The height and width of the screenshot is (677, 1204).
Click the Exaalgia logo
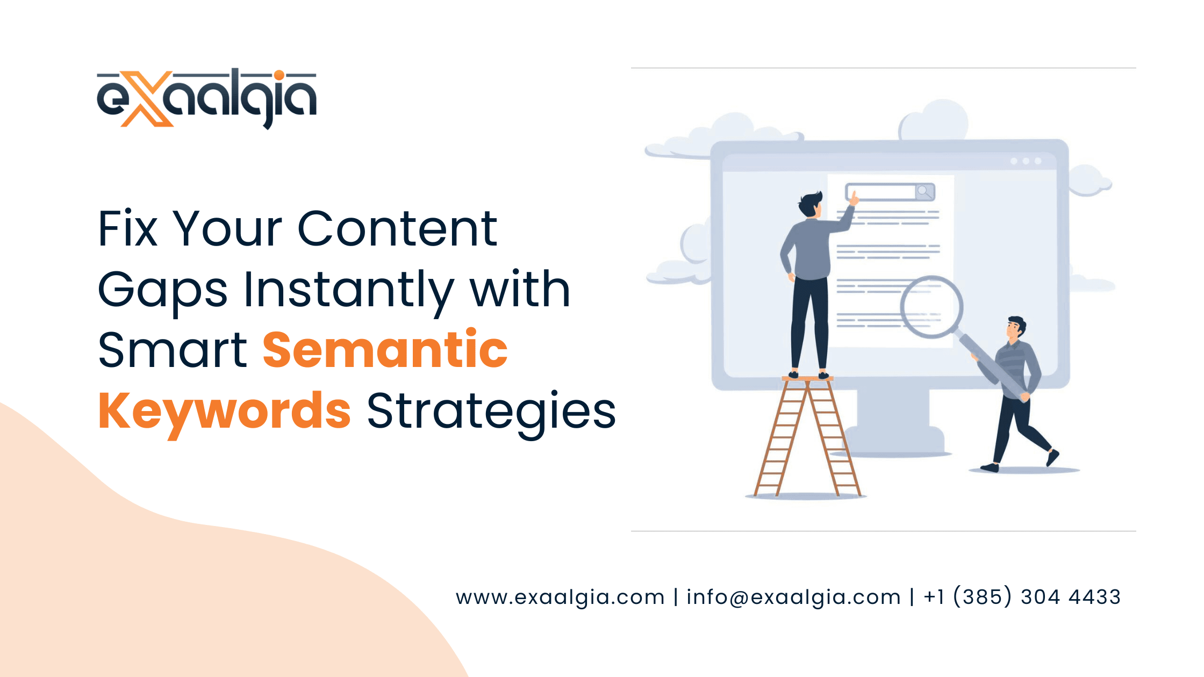pyautogui.click(x=206, y=98)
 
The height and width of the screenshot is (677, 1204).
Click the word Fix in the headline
pyautogui.click(x=128, y=229)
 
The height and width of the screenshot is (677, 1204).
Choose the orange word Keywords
pyautogui.click(x=225, y=412)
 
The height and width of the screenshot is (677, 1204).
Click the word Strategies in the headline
pyautogui.click(x=491, y=412)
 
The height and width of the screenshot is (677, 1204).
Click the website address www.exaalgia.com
pyautogui.click(x=560, y=597)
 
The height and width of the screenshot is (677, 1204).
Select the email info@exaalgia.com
pyautogui.click(x=793, y=597)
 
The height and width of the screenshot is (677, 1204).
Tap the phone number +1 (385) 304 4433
pyautogui.click(x=1022, y=597)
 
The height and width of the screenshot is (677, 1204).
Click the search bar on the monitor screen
pyautogui.click(x=890, y=192)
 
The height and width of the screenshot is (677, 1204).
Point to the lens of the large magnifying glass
pyautogui.click(x=931, y=307)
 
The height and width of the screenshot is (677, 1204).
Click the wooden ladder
pyautogui.click(x=808, y=436)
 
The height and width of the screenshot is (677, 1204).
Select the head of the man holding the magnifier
pyautogui.click(x=1016, y=328)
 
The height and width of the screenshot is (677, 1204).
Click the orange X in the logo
pyautogui.click(x=147, y=99)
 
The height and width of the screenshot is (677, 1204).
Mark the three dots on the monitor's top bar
pyautogui.click(x=1026, y=161)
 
